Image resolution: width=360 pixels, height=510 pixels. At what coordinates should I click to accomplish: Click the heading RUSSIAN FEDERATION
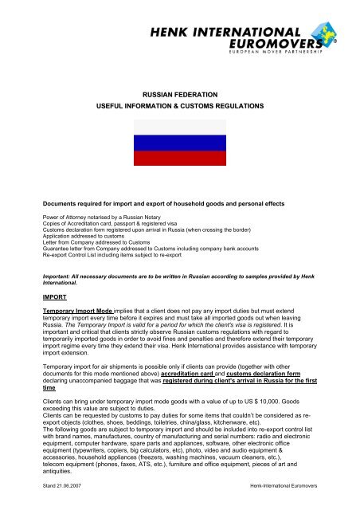tap(180, 92)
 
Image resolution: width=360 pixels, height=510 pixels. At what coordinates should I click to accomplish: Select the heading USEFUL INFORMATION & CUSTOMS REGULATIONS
tap(180, 106)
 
